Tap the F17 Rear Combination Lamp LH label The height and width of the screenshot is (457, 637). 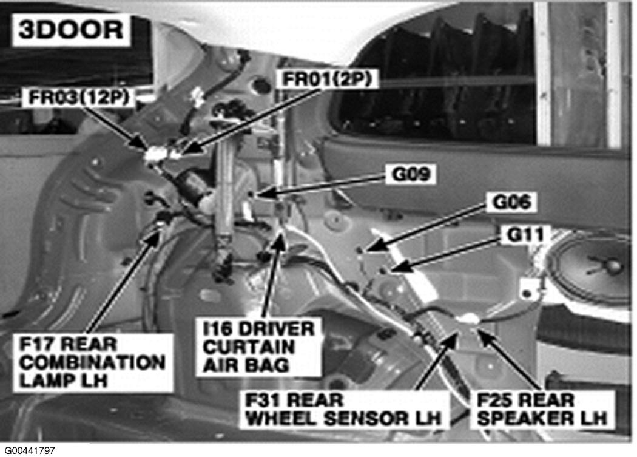pyautogui.click(x=90, y=363)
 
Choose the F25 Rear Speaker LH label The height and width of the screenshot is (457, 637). pyautogui.click(x=541, y=410)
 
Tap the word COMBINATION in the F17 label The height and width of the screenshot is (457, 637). pyautogui.click(x=90, y=363)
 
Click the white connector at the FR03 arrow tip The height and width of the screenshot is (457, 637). pyautogui.click(x=152, y=154)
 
